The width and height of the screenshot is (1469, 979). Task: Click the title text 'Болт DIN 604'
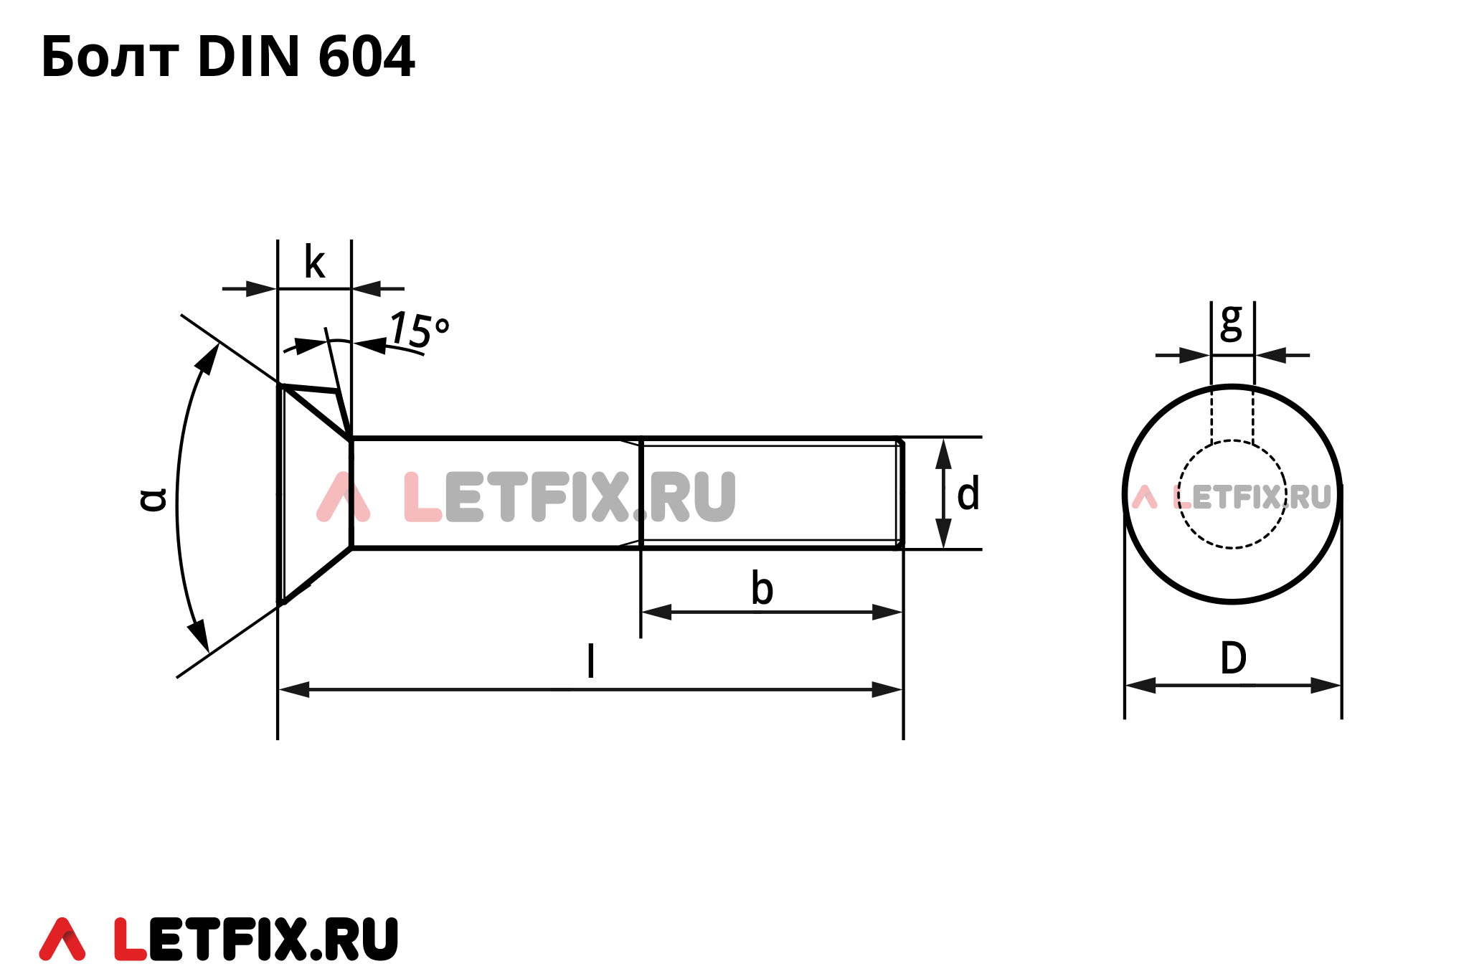tap(227, 57)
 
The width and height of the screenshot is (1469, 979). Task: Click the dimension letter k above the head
tap(314, 263)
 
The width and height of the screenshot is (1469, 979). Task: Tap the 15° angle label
tap(420, 330)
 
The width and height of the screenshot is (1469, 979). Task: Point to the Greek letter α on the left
tap(153, 499)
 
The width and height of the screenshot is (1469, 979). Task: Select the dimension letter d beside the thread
tap(968, 494)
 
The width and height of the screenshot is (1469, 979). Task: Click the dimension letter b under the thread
tap(762, 589)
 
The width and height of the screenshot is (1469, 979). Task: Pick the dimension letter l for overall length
tap(590, 661)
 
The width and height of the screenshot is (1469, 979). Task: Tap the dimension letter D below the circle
tap(1233, 658)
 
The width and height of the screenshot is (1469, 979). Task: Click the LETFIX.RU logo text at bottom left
tap(256, 939)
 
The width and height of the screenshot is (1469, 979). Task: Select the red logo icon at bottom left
tap(62, 939)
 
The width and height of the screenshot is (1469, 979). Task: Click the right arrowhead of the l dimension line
tap(888, 690)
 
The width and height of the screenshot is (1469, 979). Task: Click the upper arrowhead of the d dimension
tap(943, 453)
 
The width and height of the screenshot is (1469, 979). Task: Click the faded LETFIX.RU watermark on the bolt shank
tap(527, 496)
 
